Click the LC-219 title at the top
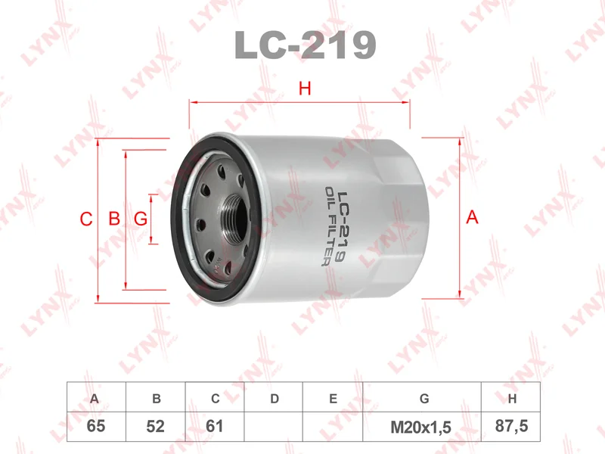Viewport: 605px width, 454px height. click(306, 45)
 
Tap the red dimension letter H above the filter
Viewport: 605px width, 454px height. click(305, 89)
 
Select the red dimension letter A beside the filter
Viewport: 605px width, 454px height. click(473, 218)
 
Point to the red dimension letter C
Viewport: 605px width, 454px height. click(86, 219)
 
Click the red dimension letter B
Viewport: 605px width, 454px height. click(114, 219)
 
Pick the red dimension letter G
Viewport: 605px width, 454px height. click(140, 219)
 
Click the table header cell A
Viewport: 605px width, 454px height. click(95, 398)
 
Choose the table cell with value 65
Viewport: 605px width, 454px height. click(95, 426)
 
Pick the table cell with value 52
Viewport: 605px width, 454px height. click(155, 426)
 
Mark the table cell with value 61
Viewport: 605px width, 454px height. click(215, 426)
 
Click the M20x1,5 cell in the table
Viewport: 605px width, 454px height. click(421, 426)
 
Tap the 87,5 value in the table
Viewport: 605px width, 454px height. click(511, 426)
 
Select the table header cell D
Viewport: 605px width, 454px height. click(275, 398)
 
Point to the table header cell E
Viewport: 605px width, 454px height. click(333, 398)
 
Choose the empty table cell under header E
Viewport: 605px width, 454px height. click(333, 426)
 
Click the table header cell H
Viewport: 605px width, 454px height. click(511, 398)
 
